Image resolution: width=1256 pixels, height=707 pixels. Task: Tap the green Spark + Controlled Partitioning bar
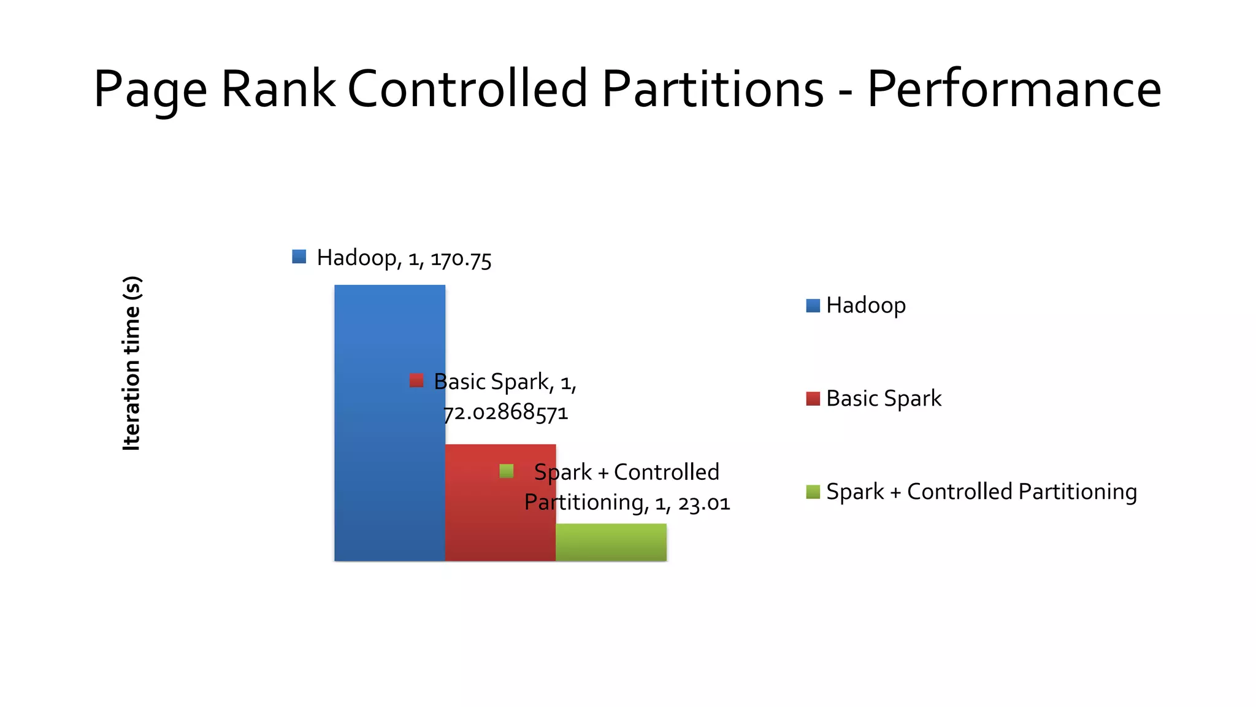[x=611, y=543]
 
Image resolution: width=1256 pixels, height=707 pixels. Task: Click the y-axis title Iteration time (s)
[x=132, y=363]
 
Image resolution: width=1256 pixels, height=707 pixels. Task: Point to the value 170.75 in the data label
[x=461, y=259]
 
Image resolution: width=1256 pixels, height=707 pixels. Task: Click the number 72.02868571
[x=506, y=412]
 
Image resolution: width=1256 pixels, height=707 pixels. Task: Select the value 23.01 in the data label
[x=704, y=503]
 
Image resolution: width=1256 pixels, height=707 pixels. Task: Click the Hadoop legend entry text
[x=865, y=305]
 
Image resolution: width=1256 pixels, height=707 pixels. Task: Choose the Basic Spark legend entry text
[x=883, y=398]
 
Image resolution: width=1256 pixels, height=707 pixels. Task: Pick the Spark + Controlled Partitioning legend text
[x=981, y=492]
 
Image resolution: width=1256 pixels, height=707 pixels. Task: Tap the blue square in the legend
[x=813, y=306]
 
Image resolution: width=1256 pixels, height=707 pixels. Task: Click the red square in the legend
[x=813, y=399]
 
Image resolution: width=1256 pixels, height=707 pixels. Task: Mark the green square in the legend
[x=813, y=492]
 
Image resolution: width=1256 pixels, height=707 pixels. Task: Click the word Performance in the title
[x=1014, y=89]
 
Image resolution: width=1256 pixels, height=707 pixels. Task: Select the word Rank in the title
[x=278, y=89]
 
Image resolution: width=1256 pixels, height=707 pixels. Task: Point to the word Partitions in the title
[x=713, y=89]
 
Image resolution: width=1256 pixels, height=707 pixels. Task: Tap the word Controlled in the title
[x=468, y=89]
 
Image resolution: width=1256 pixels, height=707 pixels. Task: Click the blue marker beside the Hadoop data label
[x=299, y=257]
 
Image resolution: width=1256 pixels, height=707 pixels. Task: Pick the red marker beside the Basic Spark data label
[x=416, y=381]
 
